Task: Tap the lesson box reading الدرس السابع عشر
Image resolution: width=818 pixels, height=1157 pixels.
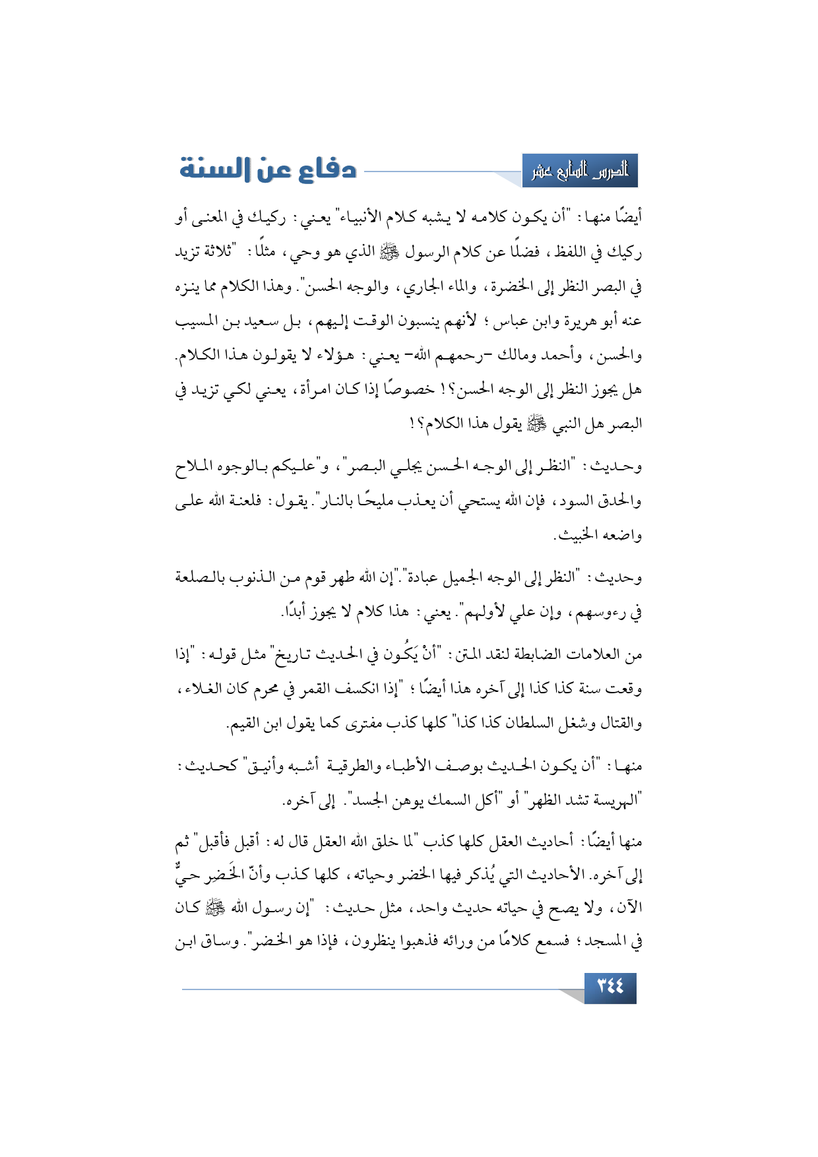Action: (x=580, y=171)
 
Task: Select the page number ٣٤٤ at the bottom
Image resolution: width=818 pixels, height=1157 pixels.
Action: (x=610, y=987)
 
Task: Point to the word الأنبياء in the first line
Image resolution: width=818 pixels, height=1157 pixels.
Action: (x=383, y=217)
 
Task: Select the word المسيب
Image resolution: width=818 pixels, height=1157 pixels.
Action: (x=198, y=321)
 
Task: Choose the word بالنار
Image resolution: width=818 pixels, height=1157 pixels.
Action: (x=340, y=501)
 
